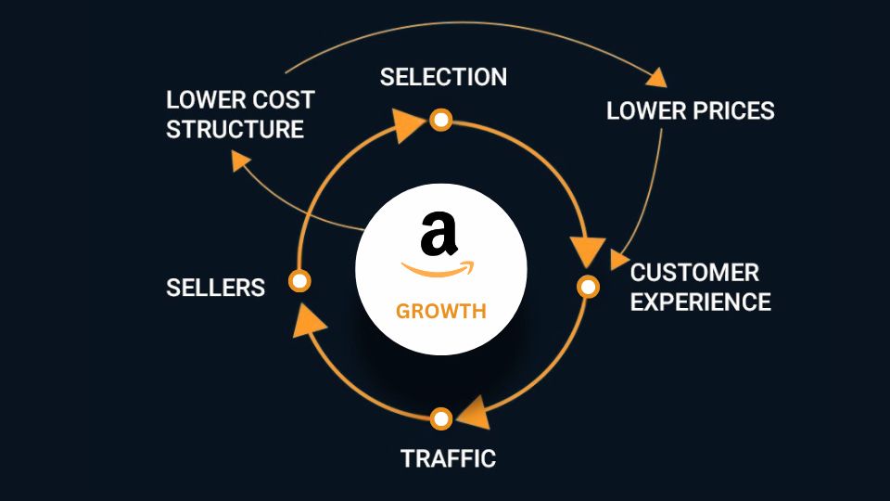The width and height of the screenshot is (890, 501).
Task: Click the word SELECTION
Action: [x=443, y=77]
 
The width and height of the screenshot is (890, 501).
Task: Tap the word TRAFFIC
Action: [x=448, y=458]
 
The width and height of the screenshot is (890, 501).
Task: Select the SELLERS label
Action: [x=215, y=288]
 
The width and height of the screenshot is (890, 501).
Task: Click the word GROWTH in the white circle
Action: [x=440, y=311]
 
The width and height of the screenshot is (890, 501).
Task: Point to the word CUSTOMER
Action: [x=694, y=273]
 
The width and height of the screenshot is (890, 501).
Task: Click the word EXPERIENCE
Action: [x=701, y=302]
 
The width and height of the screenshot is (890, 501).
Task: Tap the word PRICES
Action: [x=732, y=111]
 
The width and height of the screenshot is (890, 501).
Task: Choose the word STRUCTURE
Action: [x=235, y=128]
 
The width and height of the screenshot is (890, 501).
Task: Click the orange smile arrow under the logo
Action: [x=438, y=270]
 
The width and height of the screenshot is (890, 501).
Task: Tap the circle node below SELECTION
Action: [x=441, y=120]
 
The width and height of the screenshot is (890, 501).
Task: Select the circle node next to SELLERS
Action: [x=299, y=280]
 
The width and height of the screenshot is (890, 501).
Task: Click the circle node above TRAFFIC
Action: [x=441, y=417]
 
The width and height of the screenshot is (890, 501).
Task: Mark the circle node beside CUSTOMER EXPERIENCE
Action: [x=588, y=287]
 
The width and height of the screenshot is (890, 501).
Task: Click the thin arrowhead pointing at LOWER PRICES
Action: [x=657, y=77]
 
